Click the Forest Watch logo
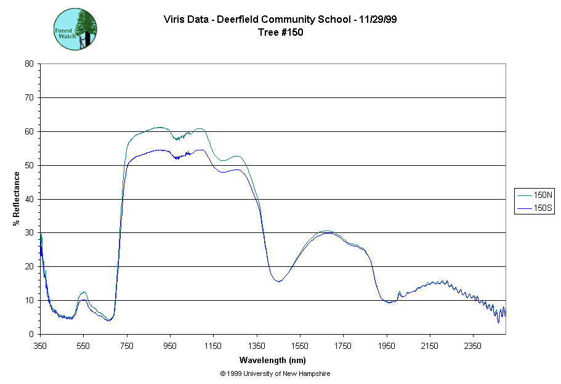[76, 29]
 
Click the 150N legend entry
[535, 195]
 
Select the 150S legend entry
[535, 209]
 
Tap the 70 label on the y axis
[29, 97]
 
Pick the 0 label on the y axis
[31, 334]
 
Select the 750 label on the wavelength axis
[127, 346]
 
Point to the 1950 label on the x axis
[387, 346]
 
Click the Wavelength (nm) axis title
[273, 360]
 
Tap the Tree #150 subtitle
[280, 33]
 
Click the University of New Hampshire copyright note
[275, 374]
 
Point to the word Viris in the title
[174, 19]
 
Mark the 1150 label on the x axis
[213, 346]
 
